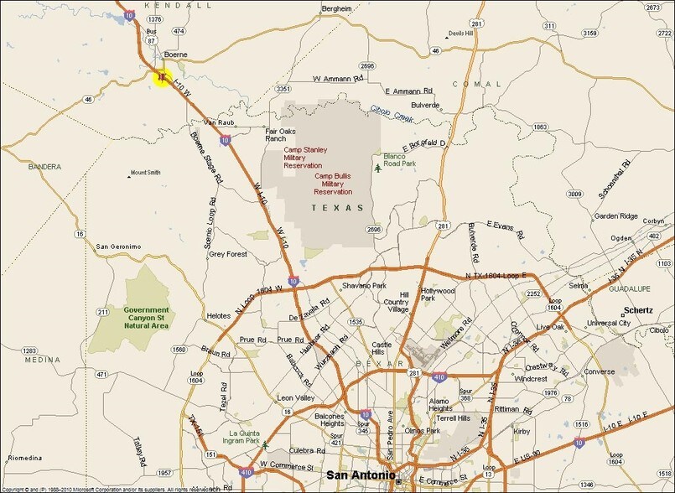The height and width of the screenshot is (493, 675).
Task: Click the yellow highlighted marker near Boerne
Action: pos(161,78)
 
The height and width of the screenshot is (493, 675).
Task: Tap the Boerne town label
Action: pos(175,55)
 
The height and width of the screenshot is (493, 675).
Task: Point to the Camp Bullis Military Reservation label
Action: pos(334,184)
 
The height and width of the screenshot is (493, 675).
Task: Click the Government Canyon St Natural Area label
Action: pos(147,317)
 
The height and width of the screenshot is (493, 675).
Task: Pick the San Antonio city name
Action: pos(361,476)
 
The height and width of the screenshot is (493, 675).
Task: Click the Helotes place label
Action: pos(218,315)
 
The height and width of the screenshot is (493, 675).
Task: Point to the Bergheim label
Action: pos(336,8)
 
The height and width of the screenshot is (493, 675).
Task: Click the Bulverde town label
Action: pos(425,105)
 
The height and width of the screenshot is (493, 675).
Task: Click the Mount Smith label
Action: pos(144,173)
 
